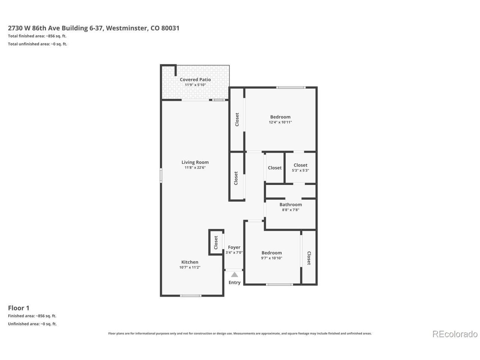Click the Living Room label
pos(195,162)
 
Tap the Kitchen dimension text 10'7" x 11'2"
pos(190,267)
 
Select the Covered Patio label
pos(195,79)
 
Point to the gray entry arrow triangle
pos(234,274)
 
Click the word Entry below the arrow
pos(234,282)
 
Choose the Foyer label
pos(234,247)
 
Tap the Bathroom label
pos(291,205)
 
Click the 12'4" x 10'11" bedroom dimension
pos(280,122)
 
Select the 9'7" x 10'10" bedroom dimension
pos(271,258)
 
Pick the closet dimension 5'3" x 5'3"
pos(300,170)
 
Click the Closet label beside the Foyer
pos(216,242)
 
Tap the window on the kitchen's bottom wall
pos(191,296)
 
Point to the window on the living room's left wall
pos(161,175)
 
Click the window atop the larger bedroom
pos(291,87)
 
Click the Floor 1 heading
pos(19,308)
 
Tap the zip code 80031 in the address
pos(170,28)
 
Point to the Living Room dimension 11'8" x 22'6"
pos(195,168)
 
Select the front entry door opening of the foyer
pos(234,270)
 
